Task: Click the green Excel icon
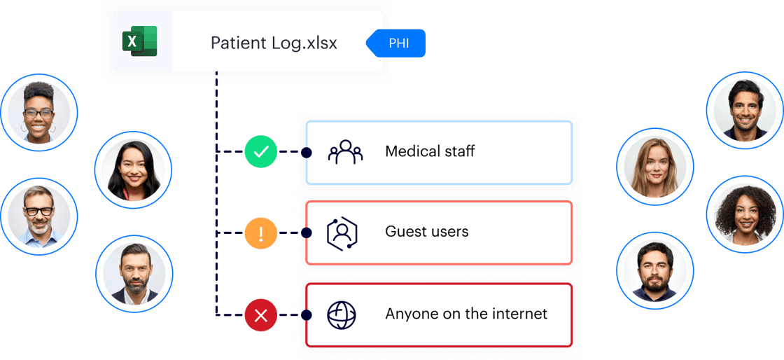point(140,42)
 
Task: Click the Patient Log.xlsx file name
point(274,43)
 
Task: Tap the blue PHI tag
point(398,44)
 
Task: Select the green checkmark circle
point(261,151)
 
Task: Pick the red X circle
point(261,315)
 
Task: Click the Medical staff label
point(430,151)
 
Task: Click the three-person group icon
point(345,152)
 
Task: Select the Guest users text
point(426,232)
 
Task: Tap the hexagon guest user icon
point(342,233)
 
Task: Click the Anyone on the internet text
point(466,314)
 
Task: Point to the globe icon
point(342,314)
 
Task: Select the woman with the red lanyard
point(133,169)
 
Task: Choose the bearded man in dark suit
point(134,273)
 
